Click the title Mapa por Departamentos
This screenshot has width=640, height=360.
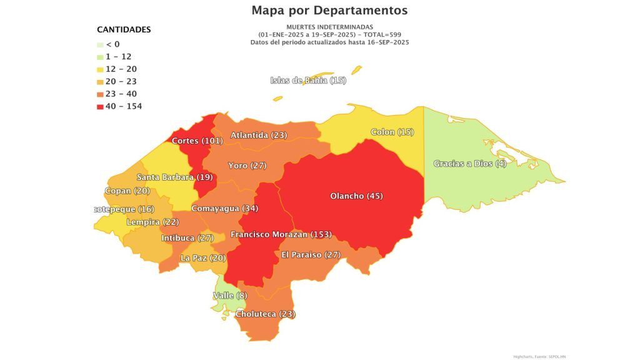click(x=329, y=11)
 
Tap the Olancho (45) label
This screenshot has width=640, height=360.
click(x=356, y=196)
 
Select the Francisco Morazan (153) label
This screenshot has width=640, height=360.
click(x=281, y=234)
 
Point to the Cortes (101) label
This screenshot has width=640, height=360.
click(x=197, y=141)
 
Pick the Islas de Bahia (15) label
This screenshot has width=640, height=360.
click(x=308, y=81)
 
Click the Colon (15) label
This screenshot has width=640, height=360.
click(x=392, y=132)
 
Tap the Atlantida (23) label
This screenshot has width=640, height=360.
click(x=258, y=135)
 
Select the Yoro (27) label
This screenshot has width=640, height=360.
click(x=247, y=166)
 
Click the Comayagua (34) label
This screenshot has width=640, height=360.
click(x=224, y=208)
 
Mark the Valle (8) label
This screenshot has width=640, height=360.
click(x=230, y=295)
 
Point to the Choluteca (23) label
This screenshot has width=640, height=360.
click(x=265, y=314)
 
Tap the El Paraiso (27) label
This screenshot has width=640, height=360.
click(x=310, y=254)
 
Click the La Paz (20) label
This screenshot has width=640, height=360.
click(x=203, y=257)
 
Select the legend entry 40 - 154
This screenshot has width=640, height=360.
click(x=123, y=106)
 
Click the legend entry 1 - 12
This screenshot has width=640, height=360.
click(x=118, y=56)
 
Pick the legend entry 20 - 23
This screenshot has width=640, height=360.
click(x=121, y=81)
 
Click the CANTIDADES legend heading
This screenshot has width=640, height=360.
click(x=124, y=29)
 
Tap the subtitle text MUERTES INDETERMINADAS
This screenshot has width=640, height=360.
click(x=329, y=27)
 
